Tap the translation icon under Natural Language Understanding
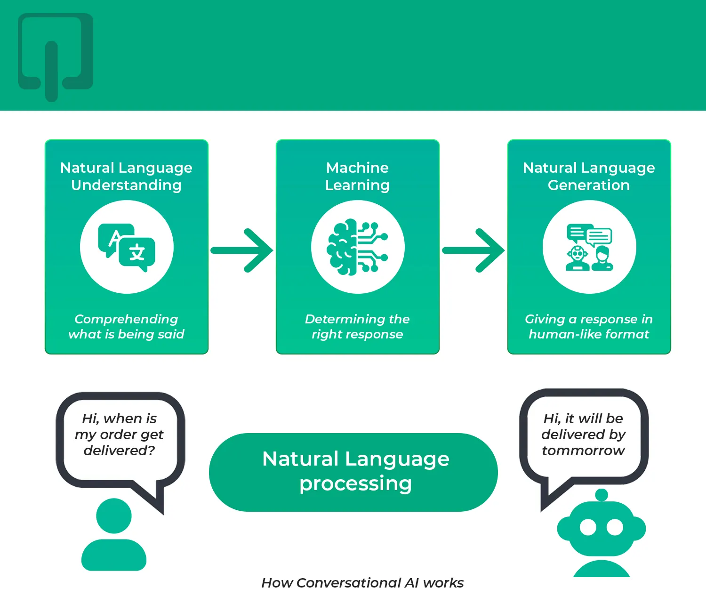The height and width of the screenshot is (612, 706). (127, 247)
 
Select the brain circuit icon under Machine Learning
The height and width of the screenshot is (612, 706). (358, 247)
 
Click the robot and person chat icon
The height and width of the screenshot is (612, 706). (589, 247)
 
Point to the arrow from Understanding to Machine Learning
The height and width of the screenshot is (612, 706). (242, 250)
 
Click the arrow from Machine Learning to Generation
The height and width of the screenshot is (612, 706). (473, 250)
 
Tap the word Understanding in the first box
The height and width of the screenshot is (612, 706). (126, 185)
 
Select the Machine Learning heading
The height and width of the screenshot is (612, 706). (358, 176)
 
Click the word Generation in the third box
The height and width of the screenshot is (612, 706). (589, 185)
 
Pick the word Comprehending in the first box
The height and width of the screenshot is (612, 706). (126, 319)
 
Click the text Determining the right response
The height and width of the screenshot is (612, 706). (357, 327)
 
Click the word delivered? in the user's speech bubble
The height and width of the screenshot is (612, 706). (120, 451)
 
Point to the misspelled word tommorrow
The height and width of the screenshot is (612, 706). (584, 451)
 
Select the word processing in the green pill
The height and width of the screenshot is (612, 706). (356, 483)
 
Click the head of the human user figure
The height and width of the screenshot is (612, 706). (114, 515)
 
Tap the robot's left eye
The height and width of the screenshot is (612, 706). (588, 527)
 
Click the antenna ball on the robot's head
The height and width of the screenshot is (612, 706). (602, 495)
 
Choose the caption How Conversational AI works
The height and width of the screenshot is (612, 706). (362, 583)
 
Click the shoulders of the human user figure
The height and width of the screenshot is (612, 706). (114, 556)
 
